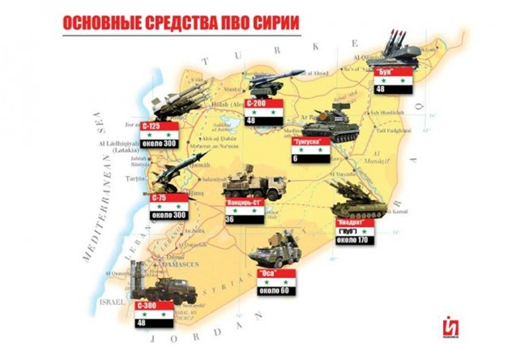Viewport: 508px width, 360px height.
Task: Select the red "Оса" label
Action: tap(270, 272)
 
